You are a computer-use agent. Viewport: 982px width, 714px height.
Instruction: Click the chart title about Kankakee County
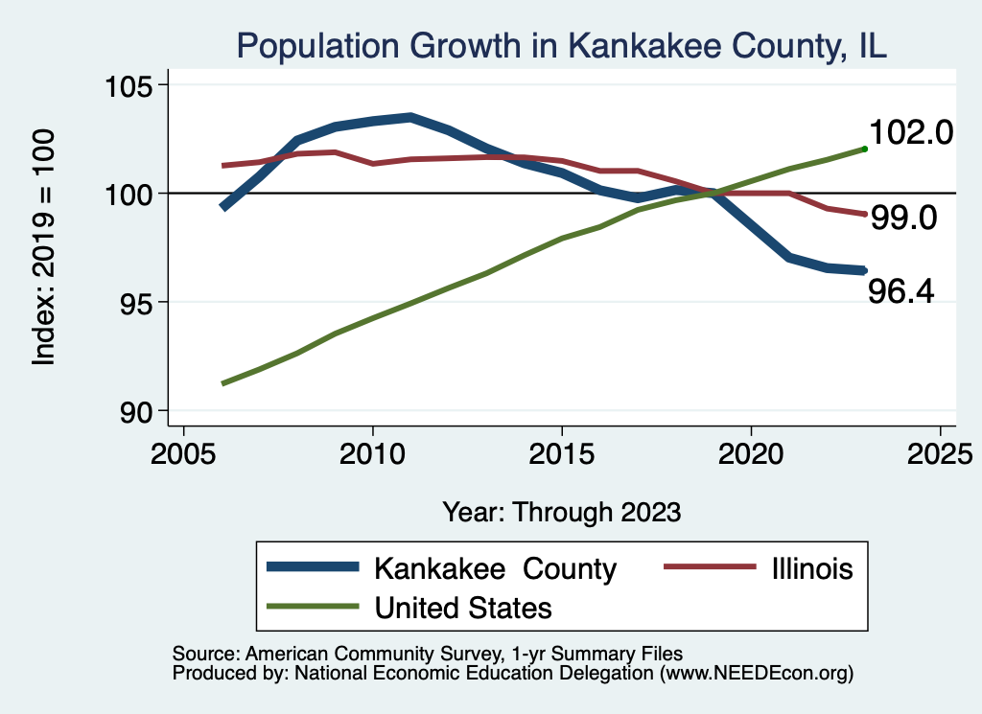pos(561,46)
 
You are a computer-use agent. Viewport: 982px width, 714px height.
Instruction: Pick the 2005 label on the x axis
pos(183,453)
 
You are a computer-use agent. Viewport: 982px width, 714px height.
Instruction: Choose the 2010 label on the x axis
pos(372,453)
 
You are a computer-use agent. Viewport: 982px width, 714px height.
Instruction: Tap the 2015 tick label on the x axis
pos(561,453)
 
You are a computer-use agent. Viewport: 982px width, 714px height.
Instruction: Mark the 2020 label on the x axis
pos(750,453)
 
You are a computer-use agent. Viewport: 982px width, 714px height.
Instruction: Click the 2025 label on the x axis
pos(939,453)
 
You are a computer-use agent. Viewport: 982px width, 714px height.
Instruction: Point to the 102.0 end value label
pos(910,133)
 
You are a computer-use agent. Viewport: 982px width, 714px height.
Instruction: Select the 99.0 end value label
pos(902,219)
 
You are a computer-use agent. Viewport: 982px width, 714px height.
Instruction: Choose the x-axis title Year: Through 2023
pos(561,512)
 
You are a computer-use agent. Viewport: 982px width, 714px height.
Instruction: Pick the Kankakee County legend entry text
pos(495,568)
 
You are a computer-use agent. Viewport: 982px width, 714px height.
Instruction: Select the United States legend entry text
pos(463,608)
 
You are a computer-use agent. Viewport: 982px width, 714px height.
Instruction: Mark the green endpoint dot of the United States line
pos(865,149)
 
